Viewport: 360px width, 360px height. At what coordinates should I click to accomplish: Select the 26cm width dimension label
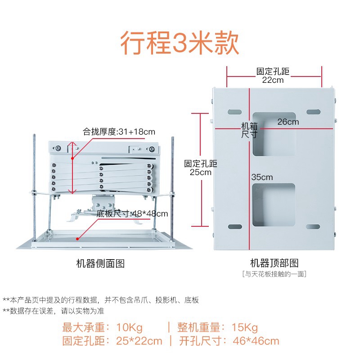(288, 121)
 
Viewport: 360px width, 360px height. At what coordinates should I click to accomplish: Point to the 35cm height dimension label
(262, 177)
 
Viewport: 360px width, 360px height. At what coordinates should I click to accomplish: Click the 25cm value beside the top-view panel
(201, 172)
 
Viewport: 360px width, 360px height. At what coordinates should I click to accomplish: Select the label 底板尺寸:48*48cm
(135, 213)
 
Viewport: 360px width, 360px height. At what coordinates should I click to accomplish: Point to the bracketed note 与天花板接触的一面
(274, 274)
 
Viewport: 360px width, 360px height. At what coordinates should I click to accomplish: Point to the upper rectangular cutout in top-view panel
(274, 134)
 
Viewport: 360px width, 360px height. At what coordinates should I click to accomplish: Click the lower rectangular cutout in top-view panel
(274, 205)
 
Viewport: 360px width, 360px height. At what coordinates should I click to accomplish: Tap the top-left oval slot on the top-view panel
(234, 111)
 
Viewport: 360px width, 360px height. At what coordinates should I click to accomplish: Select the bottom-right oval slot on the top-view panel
(313, 226)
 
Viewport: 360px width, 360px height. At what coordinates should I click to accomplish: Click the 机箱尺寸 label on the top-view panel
(249, 130)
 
